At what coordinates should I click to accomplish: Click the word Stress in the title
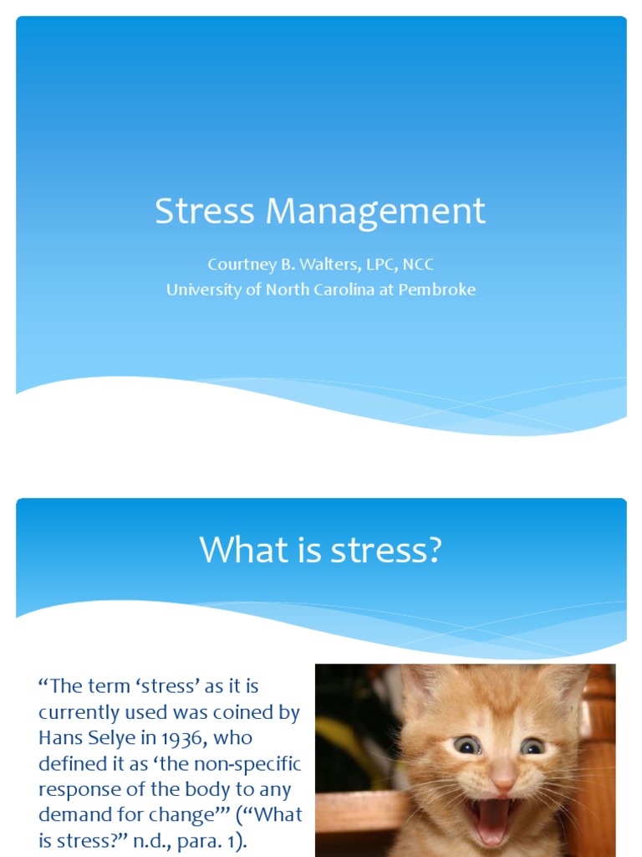pos(205,210)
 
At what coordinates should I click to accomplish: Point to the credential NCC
pos(418,264)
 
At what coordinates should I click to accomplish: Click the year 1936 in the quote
pos(185,738)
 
